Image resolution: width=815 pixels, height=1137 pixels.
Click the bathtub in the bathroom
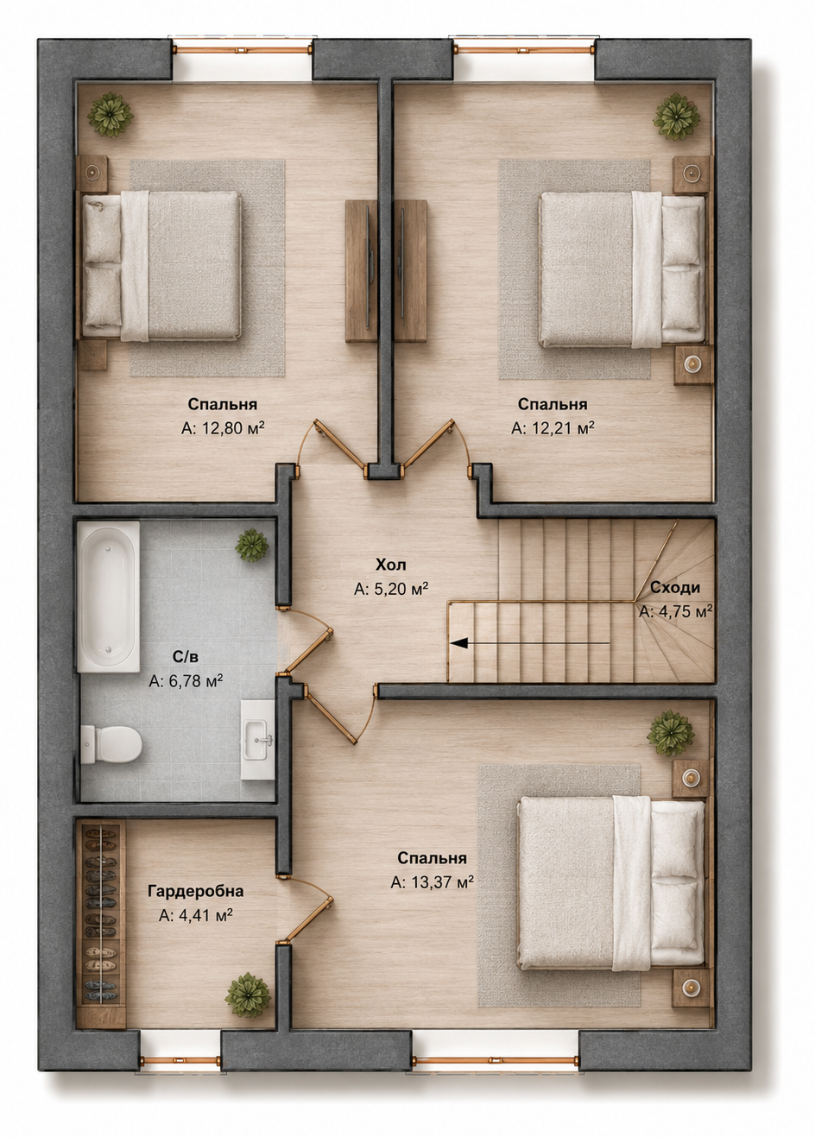pos(109,597)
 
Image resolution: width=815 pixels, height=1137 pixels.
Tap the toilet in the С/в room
pos(111,745)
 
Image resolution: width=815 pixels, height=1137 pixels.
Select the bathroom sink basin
pos(257,738)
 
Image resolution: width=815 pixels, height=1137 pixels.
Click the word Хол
pos(391,564)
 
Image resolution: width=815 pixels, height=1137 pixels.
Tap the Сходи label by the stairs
pos(675,588)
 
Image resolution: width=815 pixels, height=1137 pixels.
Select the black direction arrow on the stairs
pos(530,643)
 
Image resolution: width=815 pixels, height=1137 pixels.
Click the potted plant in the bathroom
pos(252,545)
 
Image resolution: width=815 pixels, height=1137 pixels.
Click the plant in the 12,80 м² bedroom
pos(111,115)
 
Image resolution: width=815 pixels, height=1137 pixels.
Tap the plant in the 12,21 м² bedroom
pos(676,116)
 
